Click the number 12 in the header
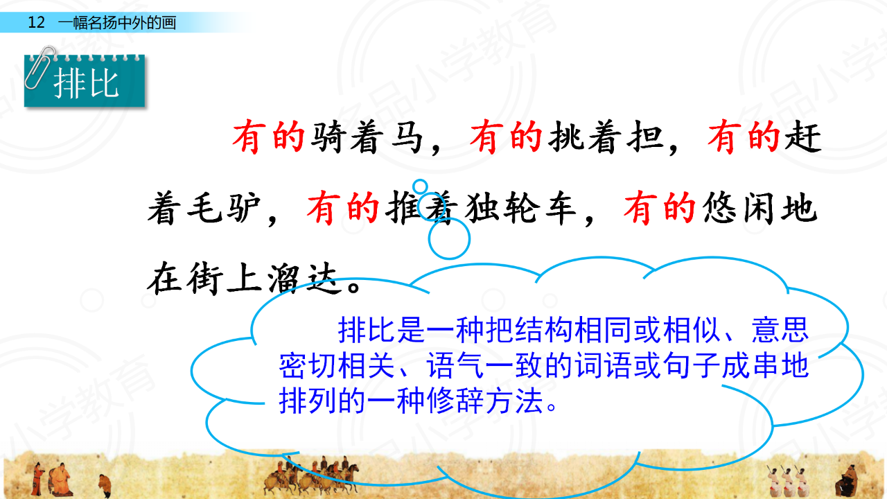pos(37,22)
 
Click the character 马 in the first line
pos(406,137)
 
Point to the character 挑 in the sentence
pos(566,137)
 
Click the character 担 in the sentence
pos(645,137)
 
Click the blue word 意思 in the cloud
pos(780,330)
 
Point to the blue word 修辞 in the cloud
pos(455,401)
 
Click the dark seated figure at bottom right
pos(847,481)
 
